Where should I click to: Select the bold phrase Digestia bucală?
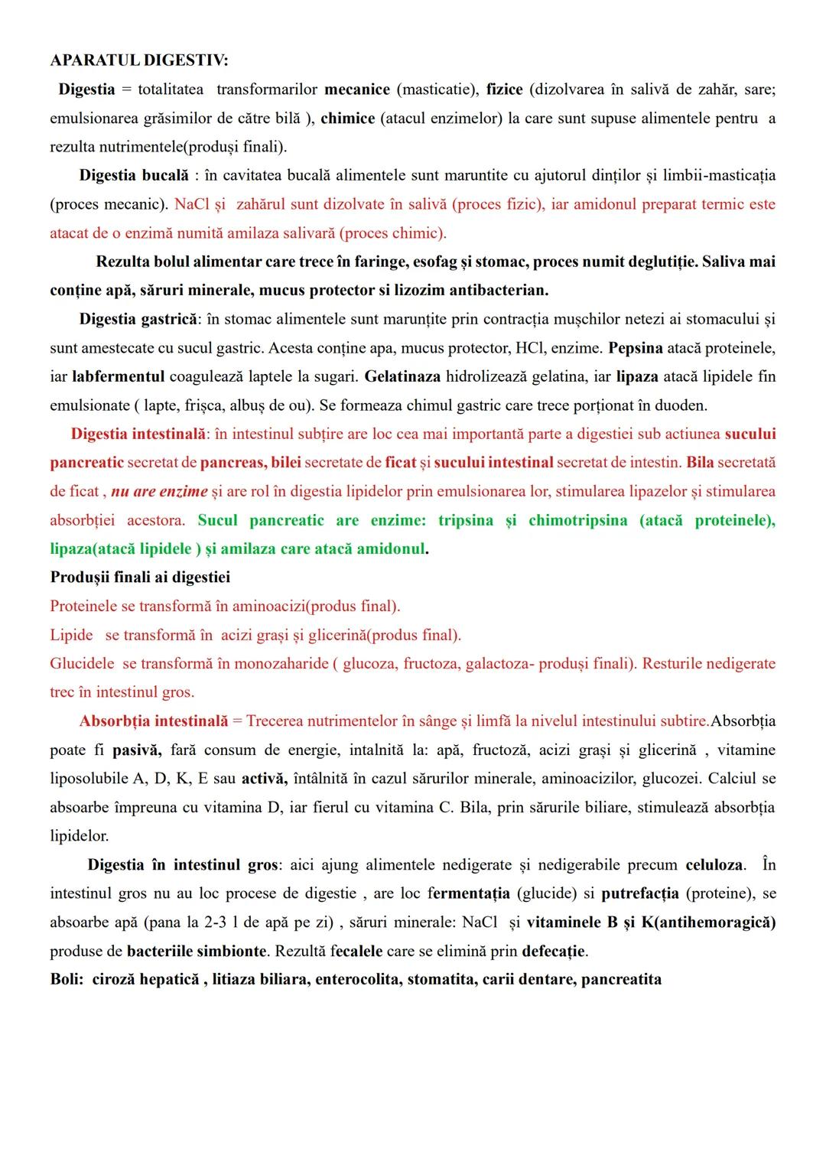pyautogui.click(x=134, y=175)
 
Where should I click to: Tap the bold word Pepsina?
pyautogui.click(x=635, y=348)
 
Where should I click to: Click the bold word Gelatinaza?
pyautogui.click(x=402, y=376)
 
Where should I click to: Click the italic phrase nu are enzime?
pyautogui.click(x=159, y=491)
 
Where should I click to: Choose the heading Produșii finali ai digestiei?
pyautogui.click(x=140, y=577)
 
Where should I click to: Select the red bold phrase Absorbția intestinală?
pyautogui.click(x=154, y=721)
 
